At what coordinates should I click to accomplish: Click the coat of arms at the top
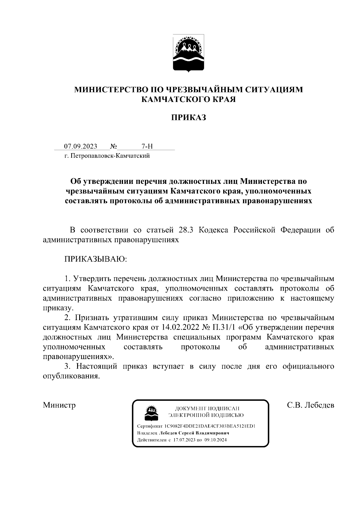[188, 53]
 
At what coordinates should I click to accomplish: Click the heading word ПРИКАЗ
[188, 117]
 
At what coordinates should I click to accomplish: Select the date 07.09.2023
[81, 146]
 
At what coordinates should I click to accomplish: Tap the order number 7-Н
[147, 146]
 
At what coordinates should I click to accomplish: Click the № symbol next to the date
[113, 146]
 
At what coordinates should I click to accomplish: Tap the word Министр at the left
[59, 405]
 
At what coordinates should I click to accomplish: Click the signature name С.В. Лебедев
[310, 405]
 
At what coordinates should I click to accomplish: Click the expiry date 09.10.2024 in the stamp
[216, 440]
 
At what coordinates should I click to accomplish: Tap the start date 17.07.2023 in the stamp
[184, 440]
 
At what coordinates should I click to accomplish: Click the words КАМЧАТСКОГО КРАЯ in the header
[188, 99]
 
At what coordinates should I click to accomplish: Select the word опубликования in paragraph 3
[71, 376]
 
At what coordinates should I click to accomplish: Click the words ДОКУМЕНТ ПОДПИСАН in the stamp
[207, 408]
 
